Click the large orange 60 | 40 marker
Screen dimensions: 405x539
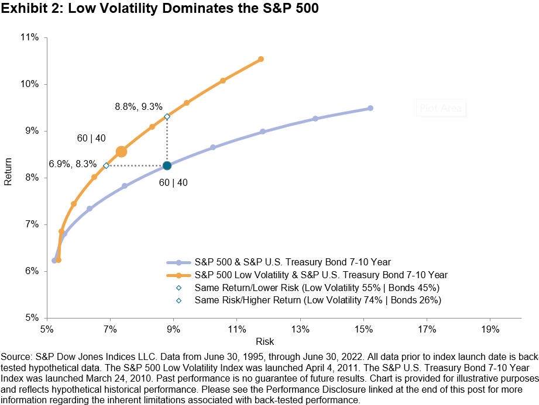pos(121,151)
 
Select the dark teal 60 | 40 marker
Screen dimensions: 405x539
pos(167,165)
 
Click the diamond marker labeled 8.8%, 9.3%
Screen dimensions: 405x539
pos(167,117)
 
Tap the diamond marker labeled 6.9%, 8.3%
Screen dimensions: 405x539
pos(106,165)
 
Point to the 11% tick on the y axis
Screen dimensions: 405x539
pos(30,37)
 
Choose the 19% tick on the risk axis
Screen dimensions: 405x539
pos(490,330)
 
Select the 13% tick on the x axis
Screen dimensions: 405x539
pos(300,330)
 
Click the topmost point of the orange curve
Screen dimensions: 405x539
pos(261,59)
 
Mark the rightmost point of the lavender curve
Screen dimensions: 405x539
pos(370,108)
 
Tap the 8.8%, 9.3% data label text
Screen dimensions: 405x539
pos(139,106)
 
